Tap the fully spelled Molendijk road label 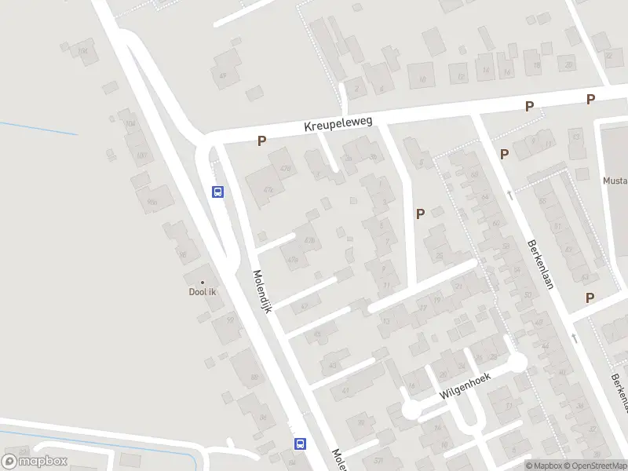click(261, 292)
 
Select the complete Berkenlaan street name click(541, 264)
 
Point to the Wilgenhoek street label click(465, 385)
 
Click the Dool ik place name click(203, 293)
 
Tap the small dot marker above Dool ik click(203, 283)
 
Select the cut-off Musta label click(615, 181)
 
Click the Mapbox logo click(35, 462)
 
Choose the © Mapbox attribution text click(544, 466)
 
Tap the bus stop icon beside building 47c click(218, 192)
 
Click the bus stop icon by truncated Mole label click(300, 444)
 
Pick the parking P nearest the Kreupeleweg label click(262, 141)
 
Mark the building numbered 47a click(294, 259)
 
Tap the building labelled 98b click(153, 202)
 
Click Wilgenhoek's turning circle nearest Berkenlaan click(517, 362)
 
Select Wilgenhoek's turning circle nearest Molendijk click(411, 409)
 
